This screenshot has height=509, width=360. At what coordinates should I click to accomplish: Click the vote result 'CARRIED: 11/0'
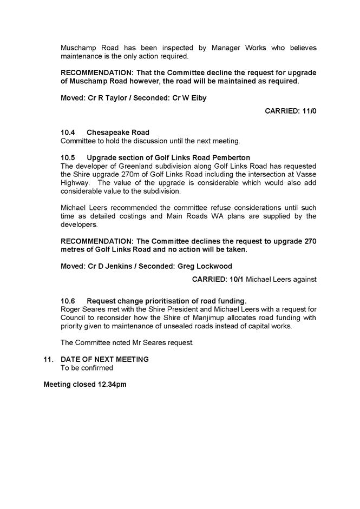pos(290,111)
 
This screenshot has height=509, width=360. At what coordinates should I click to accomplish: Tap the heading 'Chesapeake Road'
pos(117,133)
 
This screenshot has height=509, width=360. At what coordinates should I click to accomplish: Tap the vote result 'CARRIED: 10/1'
pos(221,279)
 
